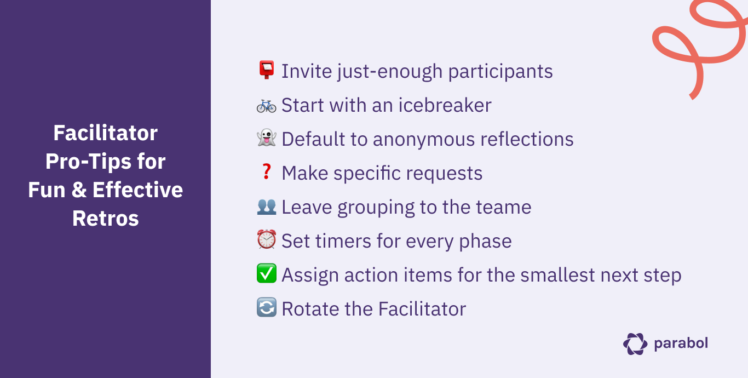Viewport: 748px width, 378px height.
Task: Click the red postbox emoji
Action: pos(266,71)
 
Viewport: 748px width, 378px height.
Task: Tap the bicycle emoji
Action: pos(266,105)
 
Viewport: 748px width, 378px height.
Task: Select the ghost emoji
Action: pos(266,139)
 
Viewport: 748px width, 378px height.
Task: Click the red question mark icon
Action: pos(266,173)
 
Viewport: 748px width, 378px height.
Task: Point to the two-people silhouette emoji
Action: pos(266,207)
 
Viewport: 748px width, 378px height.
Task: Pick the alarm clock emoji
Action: pos(266,240)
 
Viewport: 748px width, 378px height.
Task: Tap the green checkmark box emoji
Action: pos(266,274)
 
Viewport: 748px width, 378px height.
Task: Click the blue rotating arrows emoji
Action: pos(266,308)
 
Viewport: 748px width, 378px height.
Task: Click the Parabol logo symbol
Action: pos(635,343)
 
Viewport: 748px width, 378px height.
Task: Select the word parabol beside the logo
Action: pos(681,343)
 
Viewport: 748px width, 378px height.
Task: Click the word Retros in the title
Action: pos(106,218)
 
